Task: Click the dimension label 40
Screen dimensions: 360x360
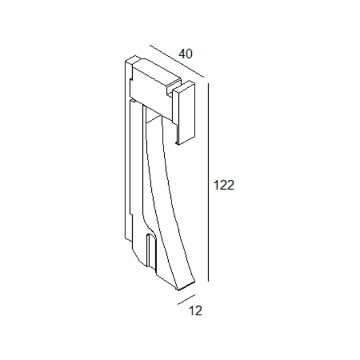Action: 186,54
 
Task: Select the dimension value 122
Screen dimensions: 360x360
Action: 224,185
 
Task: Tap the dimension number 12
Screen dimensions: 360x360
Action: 195,311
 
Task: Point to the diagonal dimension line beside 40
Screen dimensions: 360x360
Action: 177,61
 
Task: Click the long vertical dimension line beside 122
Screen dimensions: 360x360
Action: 208,182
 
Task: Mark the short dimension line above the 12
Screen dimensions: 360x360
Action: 186,300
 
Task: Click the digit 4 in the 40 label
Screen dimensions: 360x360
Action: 182,54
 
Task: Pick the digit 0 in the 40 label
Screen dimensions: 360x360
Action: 189,54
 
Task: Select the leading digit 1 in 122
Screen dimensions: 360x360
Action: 216,185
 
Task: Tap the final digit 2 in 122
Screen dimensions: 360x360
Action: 230,185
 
